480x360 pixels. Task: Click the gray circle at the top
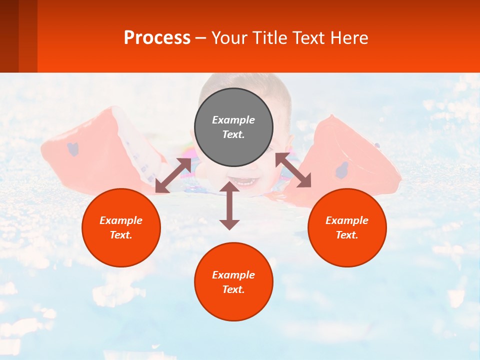click(233, 127)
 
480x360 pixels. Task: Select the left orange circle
click(121, 227)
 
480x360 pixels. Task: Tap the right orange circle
click(347, 227)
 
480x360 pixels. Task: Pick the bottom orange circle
click(233, 282)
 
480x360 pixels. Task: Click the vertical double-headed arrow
click(229, 206)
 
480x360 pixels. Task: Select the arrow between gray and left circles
click(173, 175)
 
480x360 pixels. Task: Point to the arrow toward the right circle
click(293, 170)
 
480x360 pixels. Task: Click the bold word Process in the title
click(157, 38)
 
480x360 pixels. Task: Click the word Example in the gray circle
click(233, 120)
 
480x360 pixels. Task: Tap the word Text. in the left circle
click(121, 235)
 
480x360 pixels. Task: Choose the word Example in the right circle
click(347, 220)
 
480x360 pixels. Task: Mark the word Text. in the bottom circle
click(233, 289)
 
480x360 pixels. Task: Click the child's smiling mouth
click(245, 181)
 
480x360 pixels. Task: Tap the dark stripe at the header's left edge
click(9, 36)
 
